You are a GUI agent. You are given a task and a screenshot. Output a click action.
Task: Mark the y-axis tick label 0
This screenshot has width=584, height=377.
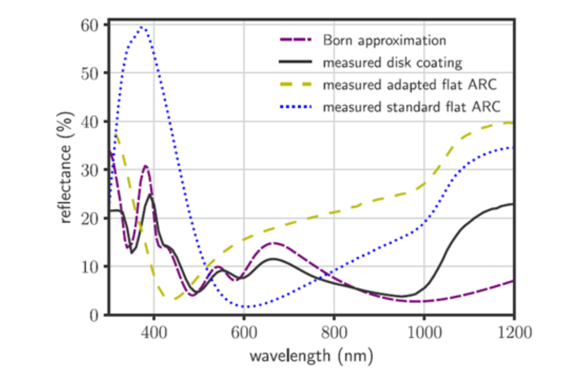coord(95,315)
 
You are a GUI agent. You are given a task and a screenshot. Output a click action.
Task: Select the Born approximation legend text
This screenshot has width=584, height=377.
coord(384,40)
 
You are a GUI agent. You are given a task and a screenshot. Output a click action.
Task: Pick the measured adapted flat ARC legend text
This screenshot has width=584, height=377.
coord(409,85)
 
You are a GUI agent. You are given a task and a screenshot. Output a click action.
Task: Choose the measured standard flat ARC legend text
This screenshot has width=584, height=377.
coord(412,107)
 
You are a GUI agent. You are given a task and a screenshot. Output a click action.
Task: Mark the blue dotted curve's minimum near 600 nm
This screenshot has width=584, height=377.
coord(245,307)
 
